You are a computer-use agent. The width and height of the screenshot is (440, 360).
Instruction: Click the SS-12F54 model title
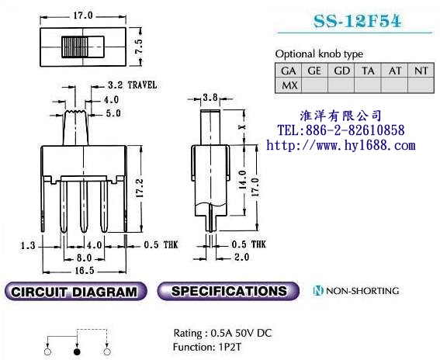click(x=358, y=22)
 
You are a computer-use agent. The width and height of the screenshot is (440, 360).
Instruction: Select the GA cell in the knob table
click(x=289, y=70)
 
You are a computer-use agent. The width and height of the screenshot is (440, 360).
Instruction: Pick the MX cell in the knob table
click(x=289, y=85)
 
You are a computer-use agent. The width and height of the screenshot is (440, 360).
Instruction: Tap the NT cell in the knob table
click(x=421, y=70)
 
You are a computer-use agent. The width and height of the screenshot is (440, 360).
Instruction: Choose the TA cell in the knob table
click(x=368, y=70)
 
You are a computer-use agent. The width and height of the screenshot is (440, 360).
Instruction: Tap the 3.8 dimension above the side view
click(x=210, y=99)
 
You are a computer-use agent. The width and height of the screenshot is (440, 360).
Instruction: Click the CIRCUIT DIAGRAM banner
click(x=75, y=292)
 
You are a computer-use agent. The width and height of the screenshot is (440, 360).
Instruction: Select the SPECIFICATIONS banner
click(x=228, y=292)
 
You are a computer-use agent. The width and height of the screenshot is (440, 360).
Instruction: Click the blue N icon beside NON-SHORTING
click(x=318, y=291)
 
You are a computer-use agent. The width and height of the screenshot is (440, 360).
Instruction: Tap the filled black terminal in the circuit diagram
click(x=76, y=351)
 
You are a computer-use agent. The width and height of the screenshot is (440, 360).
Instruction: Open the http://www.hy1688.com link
click(x=341, y=145)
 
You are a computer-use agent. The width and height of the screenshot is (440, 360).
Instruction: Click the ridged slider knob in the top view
click(x=76, y=47)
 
